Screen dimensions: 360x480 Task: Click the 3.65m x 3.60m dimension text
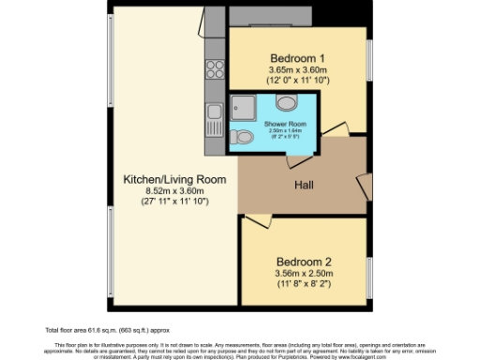pyautogui.click(x=296, y=69)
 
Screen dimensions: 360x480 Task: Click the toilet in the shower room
pyautogui.click(x=245, y=138)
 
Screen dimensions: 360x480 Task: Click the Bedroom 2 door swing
pyautogui.click(x=253, y=222)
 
